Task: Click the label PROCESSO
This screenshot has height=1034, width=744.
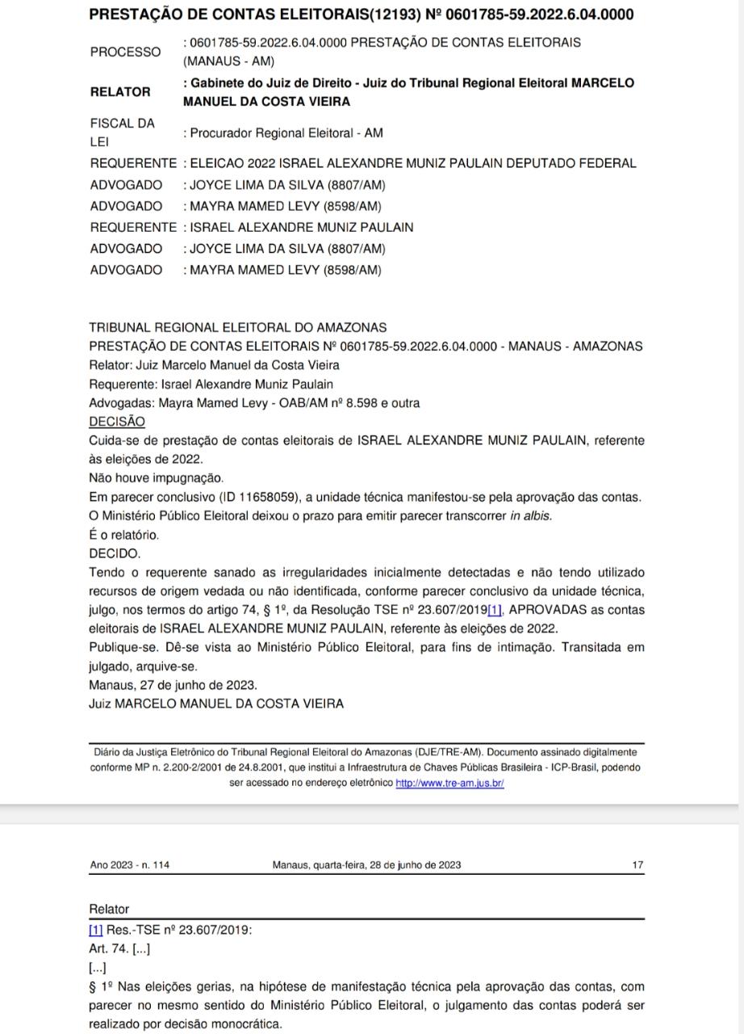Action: (125, 52)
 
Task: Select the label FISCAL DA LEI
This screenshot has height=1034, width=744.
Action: (122, 132)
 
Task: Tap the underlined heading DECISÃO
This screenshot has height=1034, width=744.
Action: (117, 422)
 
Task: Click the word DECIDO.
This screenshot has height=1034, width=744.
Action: (115, 553)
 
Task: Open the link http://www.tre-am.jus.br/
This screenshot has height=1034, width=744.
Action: (449, 784)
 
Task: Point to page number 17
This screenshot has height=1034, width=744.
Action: (637, 865)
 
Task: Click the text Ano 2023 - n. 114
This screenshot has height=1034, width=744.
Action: (130, 865)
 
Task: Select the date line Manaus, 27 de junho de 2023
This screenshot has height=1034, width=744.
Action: (173, 685)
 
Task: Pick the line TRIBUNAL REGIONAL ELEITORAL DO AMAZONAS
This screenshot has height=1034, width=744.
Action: (238, 327)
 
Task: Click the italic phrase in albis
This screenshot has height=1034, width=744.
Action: (531, 516)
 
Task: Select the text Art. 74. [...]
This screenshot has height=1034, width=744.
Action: (120, 948)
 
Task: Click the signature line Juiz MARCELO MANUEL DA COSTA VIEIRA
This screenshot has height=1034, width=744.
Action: (216, 704)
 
